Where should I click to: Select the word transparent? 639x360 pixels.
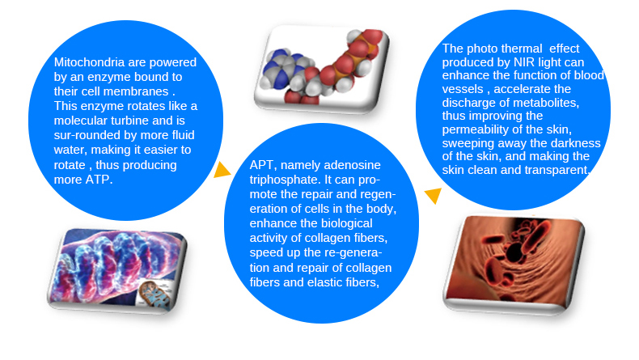558,169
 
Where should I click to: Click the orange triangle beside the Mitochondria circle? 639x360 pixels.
221,169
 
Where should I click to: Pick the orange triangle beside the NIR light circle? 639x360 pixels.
433,195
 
